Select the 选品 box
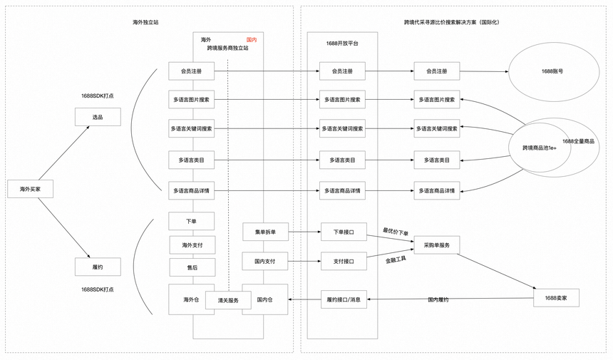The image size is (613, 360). click(x=98, y=117)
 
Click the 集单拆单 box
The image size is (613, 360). click(x=264, y=232)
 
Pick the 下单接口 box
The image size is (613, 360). click(x=343, y=232)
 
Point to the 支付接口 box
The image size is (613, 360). click(x=343, y=262)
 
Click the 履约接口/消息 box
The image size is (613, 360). click(x=343, y=300)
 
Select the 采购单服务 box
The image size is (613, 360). click(x=436, y=245)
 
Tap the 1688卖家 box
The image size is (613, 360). click(x=556, y=297)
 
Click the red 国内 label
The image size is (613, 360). click(x=251, y=40)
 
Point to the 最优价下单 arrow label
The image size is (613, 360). click(x=396, y=232)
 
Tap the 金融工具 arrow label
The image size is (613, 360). click(x=396, y=260)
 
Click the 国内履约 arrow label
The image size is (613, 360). click(x=438, y=299)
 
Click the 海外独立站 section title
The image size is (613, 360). click(x=145, y=23)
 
